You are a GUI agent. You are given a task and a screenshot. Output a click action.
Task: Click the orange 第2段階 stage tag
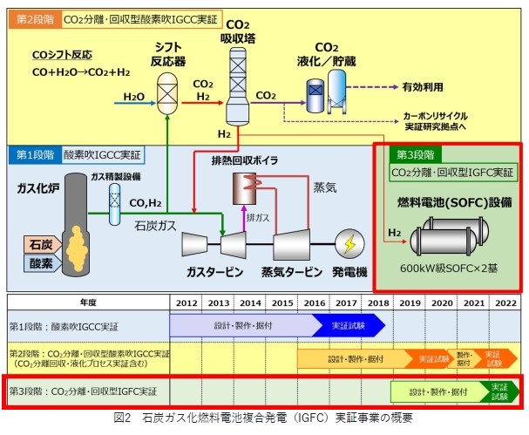point(31,17)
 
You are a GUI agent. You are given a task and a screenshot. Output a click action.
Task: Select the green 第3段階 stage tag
point(407,155)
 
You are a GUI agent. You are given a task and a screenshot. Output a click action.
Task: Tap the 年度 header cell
point(88,303)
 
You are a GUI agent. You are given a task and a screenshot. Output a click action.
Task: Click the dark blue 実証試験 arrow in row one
point(342,325)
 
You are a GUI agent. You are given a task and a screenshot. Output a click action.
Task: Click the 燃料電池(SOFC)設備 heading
point(448,201)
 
